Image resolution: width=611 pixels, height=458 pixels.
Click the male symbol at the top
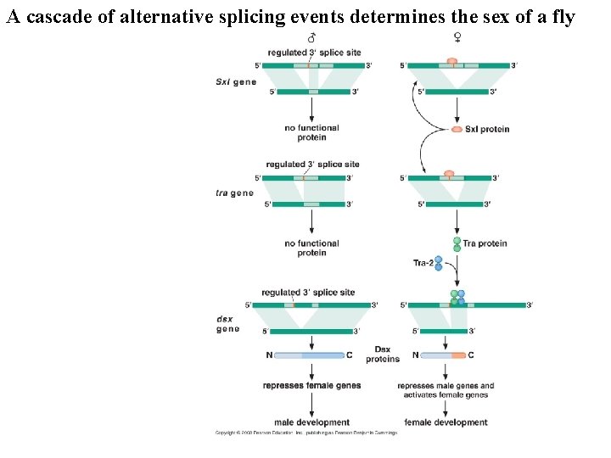pos(311,37)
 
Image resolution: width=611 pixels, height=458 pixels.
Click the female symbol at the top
pos(457,37)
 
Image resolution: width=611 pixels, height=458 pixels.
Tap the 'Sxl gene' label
pos(236,82)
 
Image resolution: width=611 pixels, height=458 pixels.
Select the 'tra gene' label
pos(234,193)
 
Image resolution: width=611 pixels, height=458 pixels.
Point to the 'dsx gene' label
pos(227,324)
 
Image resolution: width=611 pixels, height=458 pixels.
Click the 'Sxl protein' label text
pos(487,129)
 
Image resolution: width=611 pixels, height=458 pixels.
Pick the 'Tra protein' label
pos(485,243)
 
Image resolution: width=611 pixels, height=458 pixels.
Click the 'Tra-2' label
pos(423,263)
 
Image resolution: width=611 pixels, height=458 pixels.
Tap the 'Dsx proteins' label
pos(382,354)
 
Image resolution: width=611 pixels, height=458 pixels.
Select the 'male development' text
pos(311,422)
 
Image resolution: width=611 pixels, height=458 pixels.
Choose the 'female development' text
pos(446,422)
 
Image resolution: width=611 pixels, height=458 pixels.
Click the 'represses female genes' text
pos(311,385)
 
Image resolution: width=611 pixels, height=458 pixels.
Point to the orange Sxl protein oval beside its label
pos(457,129)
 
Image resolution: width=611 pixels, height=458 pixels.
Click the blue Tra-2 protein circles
pos(438,263)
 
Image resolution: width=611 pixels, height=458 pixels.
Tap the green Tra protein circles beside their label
pos(457,244)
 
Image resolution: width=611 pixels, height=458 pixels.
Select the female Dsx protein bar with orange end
pos(444,355)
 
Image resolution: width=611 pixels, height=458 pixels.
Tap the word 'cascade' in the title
pos(58,17)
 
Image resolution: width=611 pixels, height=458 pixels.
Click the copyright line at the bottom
pos(305,433)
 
